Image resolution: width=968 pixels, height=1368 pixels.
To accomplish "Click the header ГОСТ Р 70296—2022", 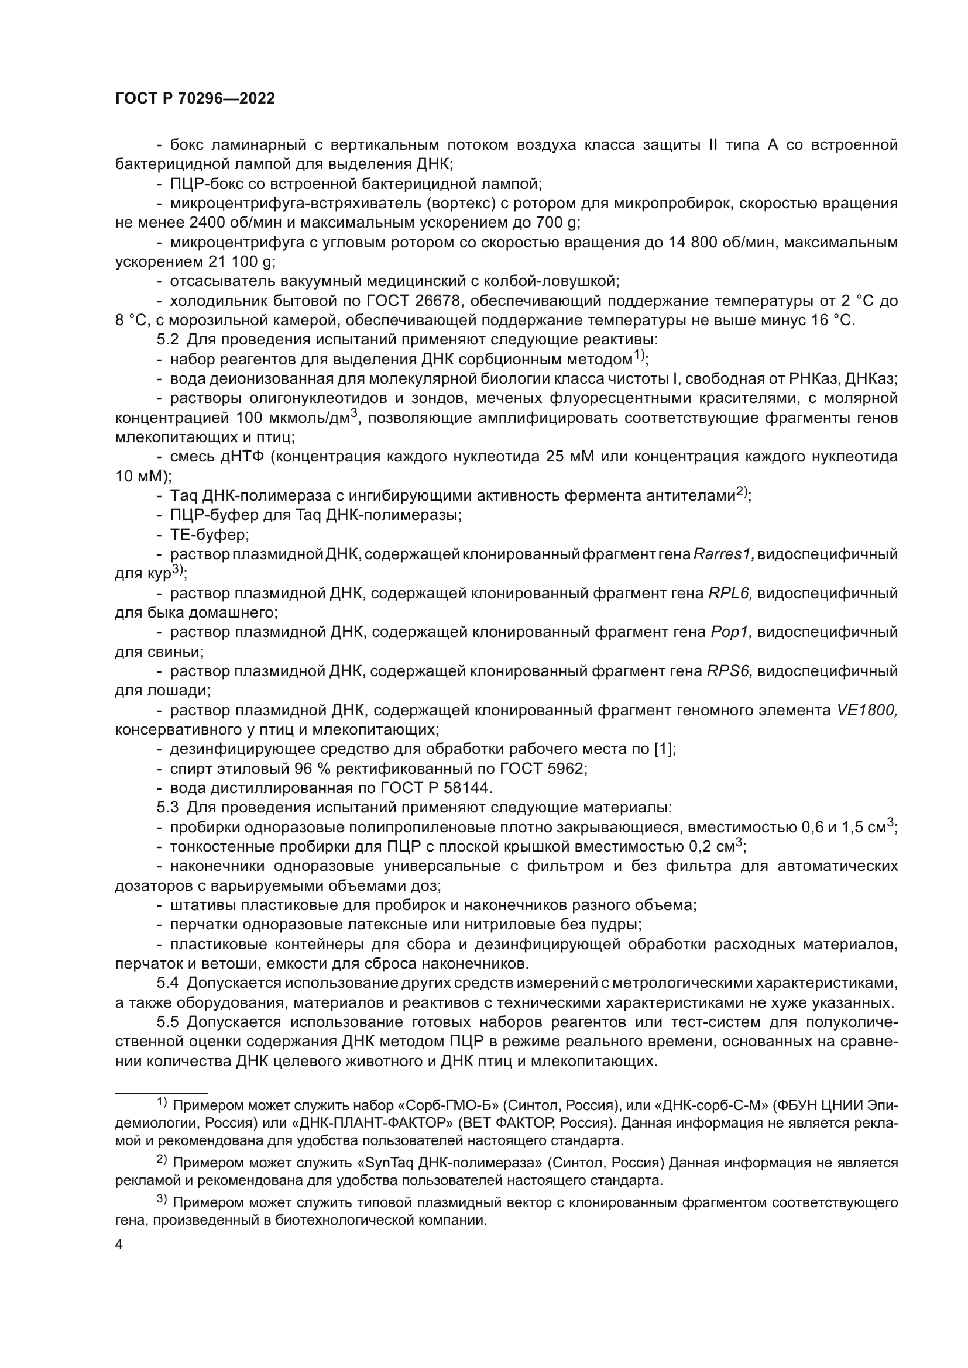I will (x=195, y=99).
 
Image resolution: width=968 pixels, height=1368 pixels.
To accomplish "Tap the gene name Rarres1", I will (x=723, y=554).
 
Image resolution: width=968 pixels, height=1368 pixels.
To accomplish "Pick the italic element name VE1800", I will (x=867, y=710).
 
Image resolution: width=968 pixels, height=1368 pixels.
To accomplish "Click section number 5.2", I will (x=167, y=340).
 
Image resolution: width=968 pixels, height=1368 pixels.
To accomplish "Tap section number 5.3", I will (x=167, y=807).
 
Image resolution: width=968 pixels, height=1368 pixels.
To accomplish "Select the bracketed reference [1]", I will (x=665, y=749).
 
